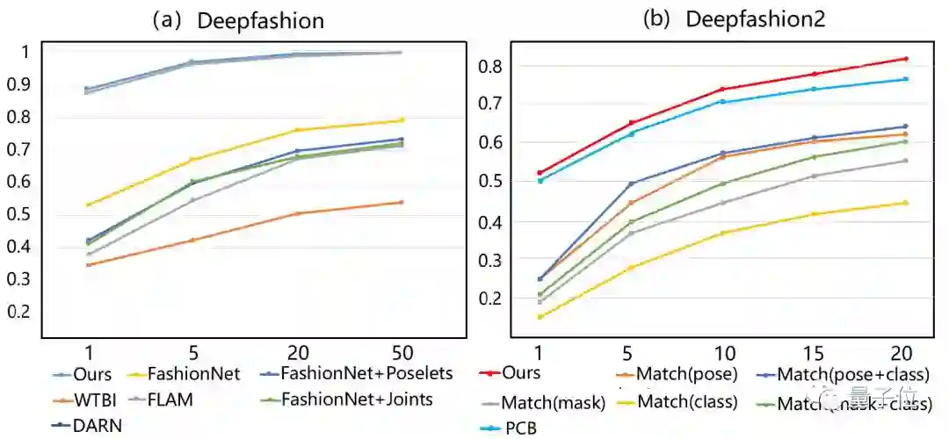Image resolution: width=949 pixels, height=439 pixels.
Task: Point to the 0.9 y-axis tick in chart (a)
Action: click(x=20, y=84)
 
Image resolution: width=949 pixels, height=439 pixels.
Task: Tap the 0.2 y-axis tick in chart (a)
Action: click(x=20, y=312)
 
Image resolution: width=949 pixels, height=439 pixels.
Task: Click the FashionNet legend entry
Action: click(x=194, y=374)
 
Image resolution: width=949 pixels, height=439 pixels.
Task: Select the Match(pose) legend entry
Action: click(x=686, y=375)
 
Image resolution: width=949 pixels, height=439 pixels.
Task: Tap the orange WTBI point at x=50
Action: click(x=401, y=203)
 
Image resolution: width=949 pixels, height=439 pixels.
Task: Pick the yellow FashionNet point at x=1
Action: click(x=87, y=205)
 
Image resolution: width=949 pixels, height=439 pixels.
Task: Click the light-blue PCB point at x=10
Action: click(x=722, y=102)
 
